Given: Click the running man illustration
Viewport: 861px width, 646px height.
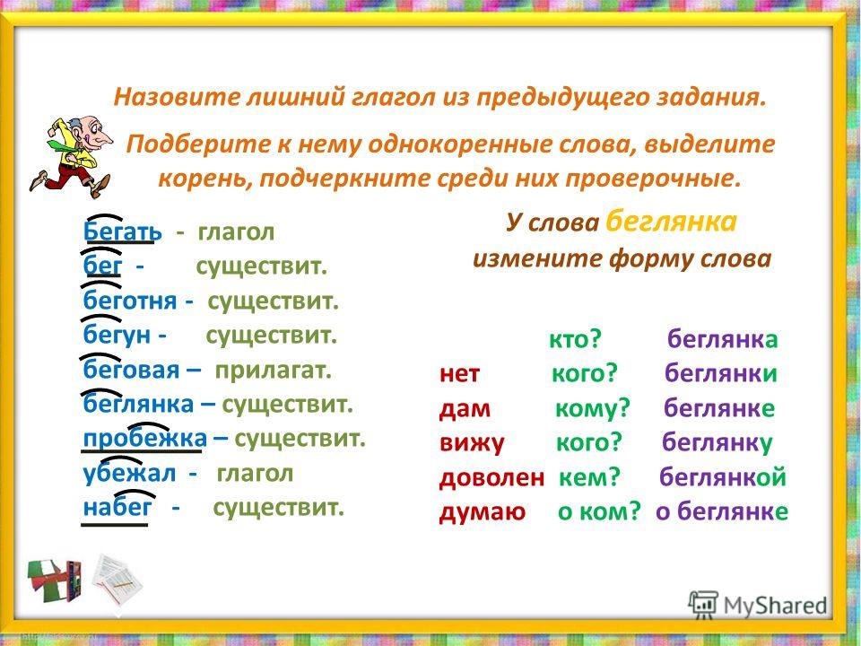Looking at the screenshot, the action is (x=72, y=156).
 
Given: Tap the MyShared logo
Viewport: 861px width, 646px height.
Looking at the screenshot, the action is (x=758, y=605).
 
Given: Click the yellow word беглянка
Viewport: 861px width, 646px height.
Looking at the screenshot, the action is (x=671, y=221).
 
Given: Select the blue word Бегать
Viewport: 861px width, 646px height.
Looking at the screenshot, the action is (x=123, y=231).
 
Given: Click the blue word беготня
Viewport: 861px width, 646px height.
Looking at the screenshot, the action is (x=130, y=301).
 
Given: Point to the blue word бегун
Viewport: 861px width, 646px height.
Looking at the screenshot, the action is (x=117, y=335).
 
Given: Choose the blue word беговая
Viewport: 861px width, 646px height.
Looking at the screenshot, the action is (x=131, y=370).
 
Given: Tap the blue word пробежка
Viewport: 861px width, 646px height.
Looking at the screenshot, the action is (x=145, y=439).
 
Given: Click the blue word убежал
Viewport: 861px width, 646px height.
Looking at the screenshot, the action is (x=129, y=473).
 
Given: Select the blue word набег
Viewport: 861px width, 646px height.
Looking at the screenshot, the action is (x=117, y=507).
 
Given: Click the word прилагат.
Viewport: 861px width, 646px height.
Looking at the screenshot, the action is (x=273, y=371).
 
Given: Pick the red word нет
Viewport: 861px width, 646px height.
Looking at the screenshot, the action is (x=459, y=374).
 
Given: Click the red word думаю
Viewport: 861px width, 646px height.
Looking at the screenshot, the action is (x=483, y=512).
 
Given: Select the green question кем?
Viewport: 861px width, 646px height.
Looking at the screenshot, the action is (x=589, y=477).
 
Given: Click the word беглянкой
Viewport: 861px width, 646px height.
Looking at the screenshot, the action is (x=723, y=477).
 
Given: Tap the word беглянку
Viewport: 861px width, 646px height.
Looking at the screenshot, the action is (x=717, y=442).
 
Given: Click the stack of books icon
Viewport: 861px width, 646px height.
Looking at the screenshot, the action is (x=55, y=581).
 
